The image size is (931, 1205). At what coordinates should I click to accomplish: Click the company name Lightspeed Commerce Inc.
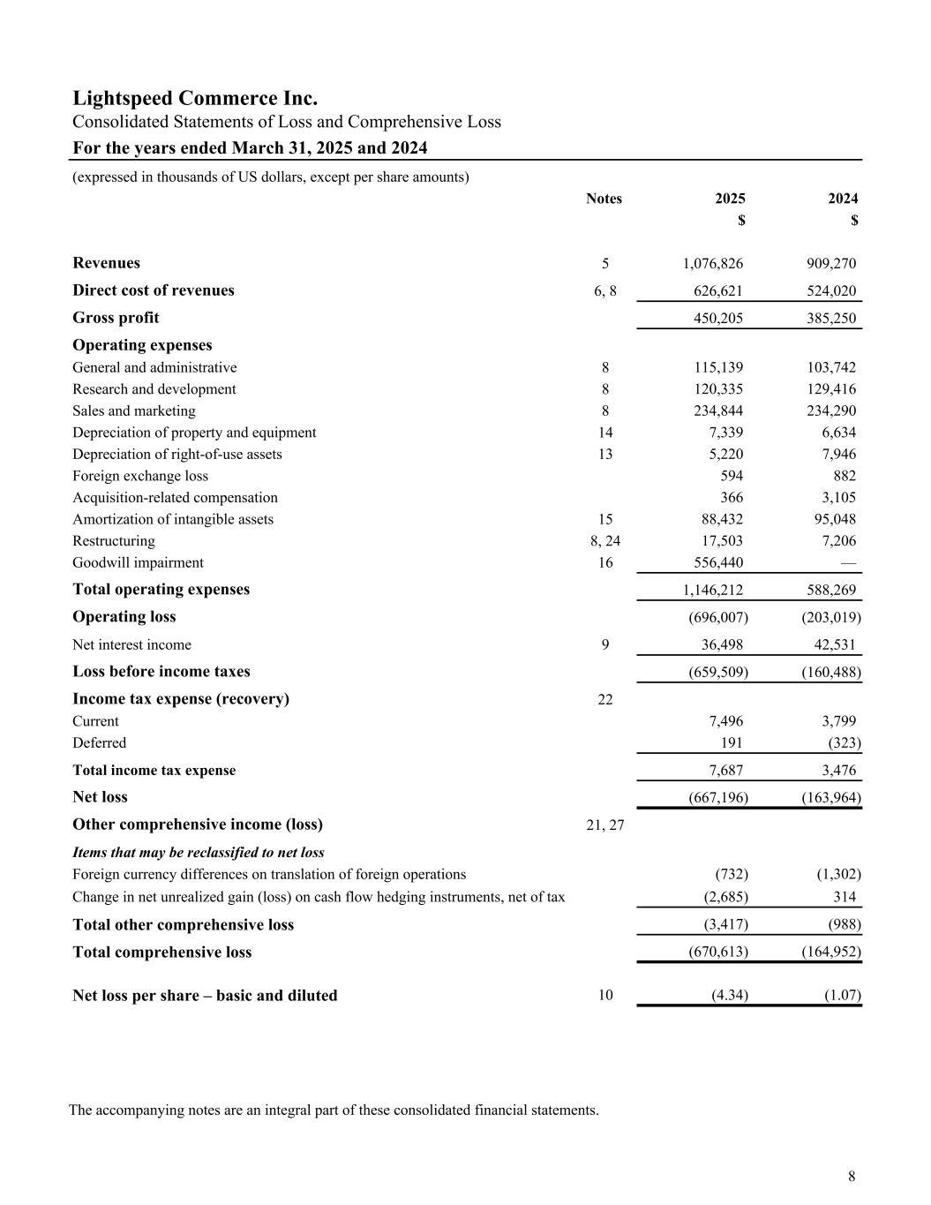tap(195, 98)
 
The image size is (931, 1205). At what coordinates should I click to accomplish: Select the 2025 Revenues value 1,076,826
tap(712, 263)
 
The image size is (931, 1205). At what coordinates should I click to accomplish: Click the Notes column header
tap(604, 199)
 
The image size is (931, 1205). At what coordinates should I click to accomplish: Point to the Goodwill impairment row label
tap(138, 562)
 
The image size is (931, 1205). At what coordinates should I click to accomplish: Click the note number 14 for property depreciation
tap(605, 433)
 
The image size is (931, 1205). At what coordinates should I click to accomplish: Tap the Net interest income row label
tap(131, 644)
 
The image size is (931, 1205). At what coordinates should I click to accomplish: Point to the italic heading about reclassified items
tap(199, 853)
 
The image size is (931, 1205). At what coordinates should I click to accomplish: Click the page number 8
tap(852, 1176)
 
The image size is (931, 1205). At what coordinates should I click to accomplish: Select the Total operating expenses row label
tap(161, 589)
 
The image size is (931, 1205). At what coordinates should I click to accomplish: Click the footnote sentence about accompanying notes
tap(334, 1110)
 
